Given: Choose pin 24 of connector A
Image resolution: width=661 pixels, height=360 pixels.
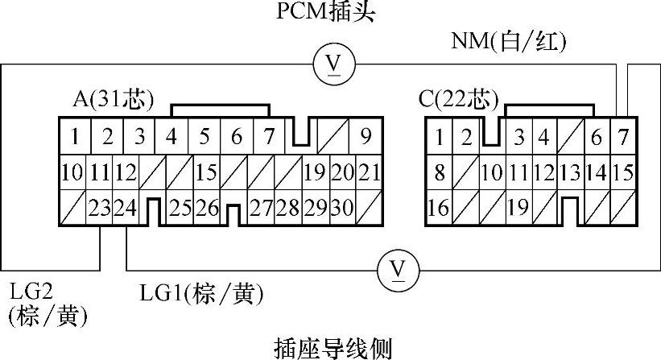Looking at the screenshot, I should [126, 209].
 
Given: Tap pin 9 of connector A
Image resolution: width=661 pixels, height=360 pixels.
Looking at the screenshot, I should [366, 136].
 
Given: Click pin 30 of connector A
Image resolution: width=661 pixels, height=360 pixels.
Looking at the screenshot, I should [342, 209].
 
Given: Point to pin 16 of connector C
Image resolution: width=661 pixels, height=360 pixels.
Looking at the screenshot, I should [439, 209].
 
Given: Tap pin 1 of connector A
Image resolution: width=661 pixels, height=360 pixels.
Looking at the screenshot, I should [74, 136].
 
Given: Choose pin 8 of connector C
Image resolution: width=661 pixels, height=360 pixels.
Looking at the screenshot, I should [439, 172].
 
